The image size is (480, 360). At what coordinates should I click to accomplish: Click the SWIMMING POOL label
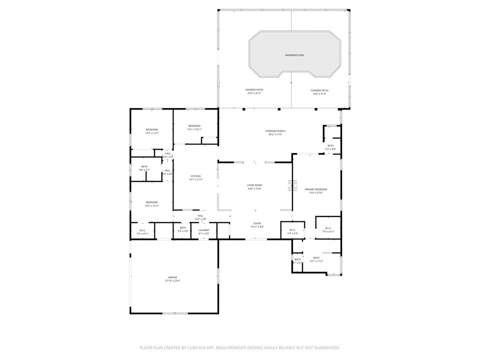click(294, 55)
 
